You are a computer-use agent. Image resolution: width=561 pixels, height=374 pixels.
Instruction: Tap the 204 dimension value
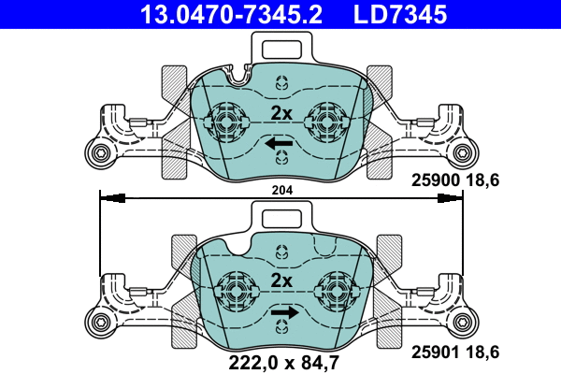281,190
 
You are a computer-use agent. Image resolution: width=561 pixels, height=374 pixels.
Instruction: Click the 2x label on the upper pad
281,113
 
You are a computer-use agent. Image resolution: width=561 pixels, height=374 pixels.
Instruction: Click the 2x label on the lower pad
281,280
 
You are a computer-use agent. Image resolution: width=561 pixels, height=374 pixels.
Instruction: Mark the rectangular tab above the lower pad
280,220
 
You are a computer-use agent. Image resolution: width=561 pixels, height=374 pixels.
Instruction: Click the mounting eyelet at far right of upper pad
464,153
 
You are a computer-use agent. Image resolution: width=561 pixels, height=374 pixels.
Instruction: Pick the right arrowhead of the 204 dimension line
453,197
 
